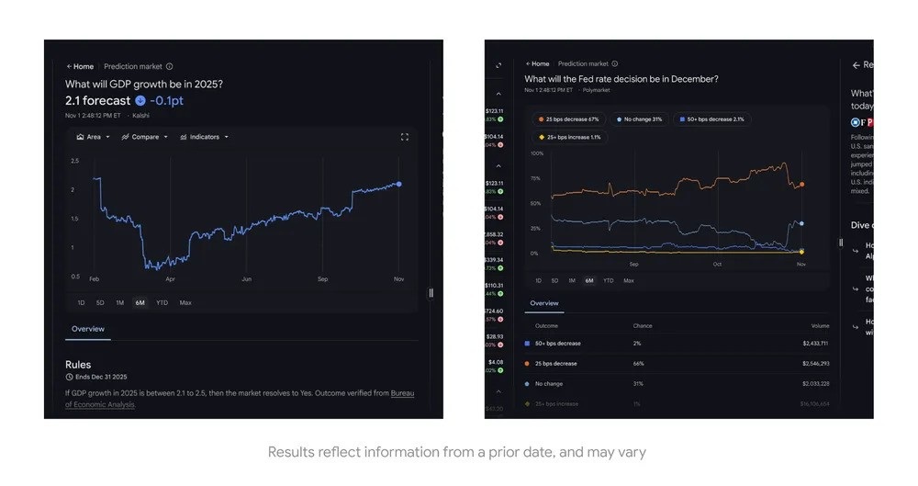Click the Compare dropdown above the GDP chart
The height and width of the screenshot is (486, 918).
[x=145, y=137]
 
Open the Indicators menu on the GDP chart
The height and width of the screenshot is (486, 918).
[x=204, y=137]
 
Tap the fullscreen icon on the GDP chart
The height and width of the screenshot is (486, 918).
[x=404, y=137]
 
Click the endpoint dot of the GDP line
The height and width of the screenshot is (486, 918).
[x=398, y=184]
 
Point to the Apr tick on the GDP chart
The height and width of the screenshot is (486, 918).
[x=170, y=278]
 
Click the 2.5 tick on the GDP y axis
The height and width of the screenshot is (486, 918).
[x=75, y=161]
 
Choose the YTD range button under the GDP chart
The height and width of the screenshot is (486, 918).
[x=162, y=302]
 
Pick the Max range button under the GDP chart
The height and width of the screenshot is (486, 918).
[x=185, y=302]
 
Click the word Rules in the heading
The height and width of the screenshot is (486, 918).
[x=78, y=365]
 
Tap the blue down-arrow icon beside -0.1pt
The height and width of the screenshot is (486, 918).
[x=140, y=101]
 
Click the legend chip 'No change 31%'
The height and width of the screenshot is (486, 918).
[x=640, y=119]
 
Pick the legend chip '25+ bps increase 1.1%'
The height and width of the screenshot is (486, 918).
[x=568, y=137]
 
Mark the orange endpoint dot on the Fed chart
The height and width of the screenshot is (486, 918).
[x=801, y=185]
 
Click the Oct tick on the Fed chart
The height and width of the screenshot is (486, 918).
[x=717, y=265]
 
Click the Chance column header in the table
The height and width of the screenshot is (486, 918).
[x=643, y=325]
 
